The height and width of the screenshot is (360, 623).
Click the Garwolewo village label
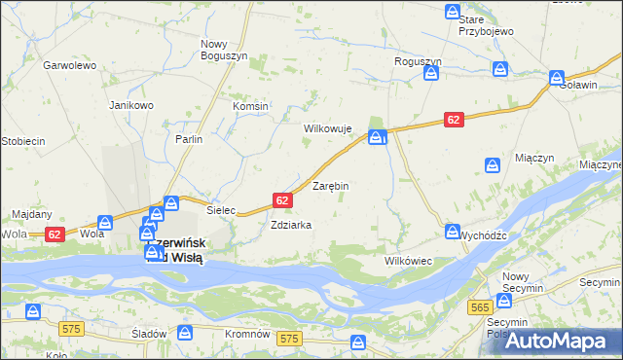[x=68, y=65]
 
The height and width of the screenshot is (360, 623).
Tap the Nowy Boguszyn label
[x=221, y=51]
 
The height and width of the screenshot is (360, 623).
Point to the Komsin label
[x=250, y=106]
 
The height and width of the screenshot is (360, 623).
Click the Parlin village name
[x=189, y=139]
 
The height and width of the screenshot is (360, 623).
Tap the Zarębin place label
[x=330, y=185]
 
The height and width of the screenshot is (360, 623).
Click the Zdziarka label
[x=291, y=225]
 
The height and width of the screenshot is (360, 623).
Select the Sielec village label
[x=222, y=209]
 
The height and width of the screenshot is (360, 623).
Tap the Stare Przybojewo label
[x=486, y=25]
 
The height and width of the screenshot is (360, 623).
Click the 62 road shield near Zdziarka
[x=282, y=200]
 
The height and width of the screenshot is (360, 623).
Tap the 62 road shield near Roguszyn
[x=454, y=119]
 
